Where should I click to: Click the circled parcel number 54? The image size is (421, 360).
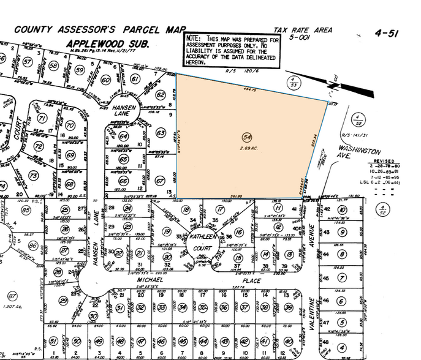tap(247, 137)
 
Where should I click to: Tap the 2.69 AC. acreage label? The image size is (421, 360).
tap(247, 148)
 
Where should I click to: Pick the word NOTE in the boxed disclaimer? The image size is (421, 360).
tap(195, 38)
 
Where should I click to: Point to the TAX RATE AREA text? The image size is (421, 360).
tap(303, 29)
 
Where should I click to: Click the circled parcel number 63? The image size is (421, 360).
tap(161, 133)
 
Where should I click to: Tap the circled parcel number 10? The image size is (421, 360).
tap(341, 211)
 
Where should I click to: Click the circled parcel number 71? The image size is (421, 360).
tap(42, 118)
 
